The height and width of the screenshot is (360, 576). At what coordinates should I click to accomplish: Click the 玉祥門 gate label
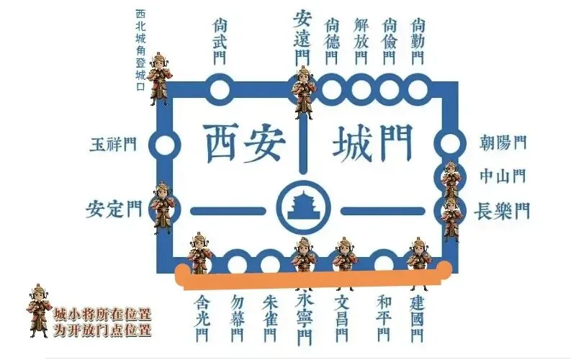tap(112, 144)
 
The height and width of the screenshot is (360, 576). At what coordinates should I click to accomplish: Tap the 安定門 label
tap(114, 210)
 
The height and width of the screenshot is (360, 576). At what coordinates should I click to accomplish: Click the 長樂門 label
tap(503, 211)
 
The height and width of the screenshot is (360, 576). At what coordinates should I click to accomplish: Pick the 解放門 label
tap(361, 40)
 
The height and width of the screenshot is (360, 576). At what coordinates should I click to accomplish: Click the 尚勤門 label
tap(415, 40)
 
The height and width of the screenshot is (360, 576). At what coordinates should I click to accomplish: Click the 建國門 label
tap(417, 316)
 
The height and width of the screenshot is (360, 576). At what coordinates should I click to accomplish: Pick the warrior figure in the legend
tap(39, 310)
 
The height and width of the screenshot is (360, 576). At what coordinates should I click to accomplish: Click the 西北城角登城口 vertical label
tap(140, 50)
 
